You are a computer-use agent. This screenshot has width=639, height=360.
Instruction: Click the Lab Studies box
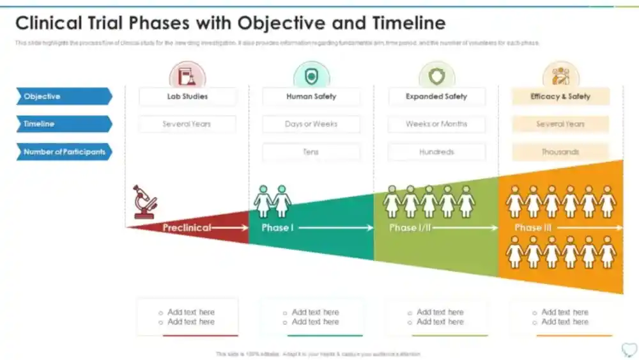coord(187,97)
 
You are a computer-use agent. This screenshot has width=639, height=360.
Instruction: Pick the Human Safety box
coord(311,97)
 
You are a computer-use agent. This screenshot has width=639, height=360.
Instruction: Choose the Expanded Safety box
coord(436,97)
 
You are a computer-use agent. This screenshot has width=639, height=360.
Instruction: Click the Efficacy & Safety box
coord(560,97)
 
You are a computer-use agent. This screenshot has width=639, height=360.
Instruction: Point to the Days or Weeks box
coord(311,124)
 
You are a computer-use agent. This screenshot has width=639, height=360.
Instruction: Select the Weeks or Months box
coord(436,124)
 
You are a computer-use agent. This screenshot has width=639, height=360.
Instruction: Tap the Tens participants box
coord(311,152)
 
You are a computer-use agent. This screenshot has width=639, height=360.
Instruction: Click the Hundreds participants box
coord(436,152)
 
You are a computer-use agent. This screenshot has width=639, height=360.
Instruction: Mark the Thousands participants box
coord(560,152)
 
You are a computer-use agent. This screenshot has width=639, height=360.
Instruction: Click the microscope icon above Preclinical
coord(145,201)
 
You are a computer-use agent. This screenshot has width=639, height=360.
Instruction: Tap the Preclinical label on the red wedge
coord(187,228)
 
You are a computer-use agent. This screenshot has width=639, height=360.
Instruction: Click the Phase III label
coord(533,228)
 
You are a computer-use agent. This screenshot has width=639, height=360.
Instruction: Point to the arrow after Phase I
coord(335,228)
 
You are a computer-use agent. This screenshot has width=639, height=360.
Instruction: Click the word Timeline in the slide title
coord(406,23)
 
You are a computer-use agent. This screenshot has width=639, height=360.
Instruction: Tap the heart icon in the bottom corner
coord(628,349)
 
